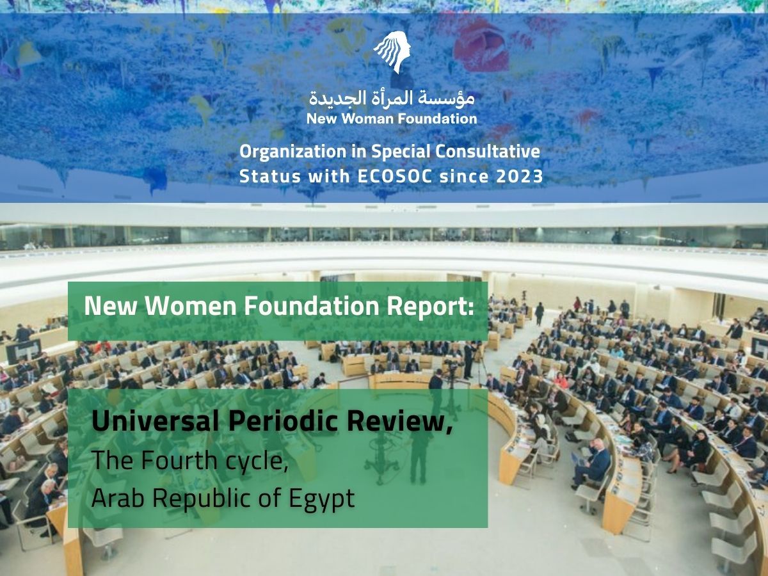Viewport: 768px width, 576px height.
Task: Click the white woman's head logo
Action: (x=391, y=51)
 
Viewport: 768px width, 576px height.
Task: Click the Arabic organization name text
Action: (x=392, y=98)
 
